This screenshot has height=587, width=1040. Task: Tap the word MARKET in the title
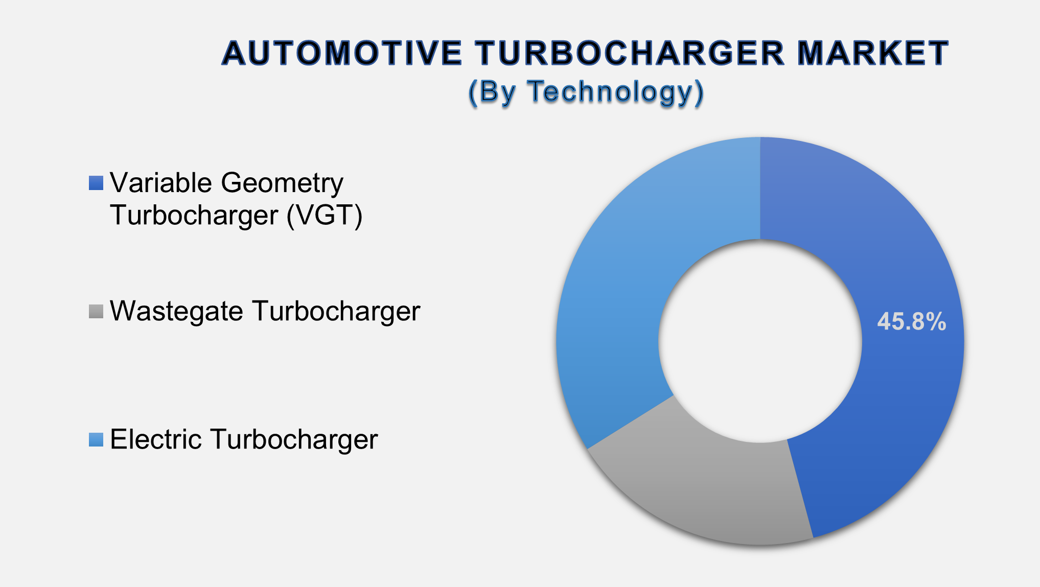tap(872, 54)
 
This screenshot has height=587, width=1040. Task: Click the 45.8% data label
tap(911, 322)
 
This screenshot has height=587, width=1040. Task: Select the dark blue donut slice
tap(899, 409)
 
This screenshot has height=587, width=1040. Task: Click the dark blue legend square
tap(96, 183)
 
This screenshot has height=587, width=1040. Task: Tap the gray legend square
tap(96, 311)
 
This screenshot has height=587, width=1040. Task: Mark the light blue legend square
tap(96, 439)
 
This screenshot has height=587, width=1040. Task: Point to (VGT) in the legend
tap(325, 215)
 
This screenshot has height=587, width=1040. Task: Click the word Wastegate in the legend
tap(176, 311)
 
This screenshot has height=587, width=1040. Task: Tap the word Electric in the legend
tap(156, 439)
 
